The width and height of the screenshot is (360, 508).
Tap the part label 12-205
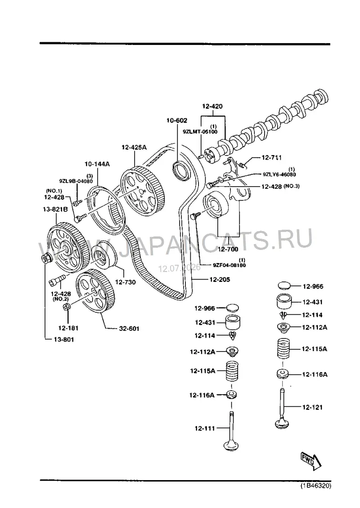pos(220,279)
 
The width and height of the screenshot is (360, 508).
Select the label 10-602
pos(177,120)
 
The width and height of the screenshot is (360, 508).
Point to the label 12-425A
pos(134,147)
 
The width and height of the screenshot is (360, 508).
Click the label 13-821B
pos(55,209)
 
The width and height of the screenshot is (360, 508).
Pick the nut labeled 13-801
pos(45,259)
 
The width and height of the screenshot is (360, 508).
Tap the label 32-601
pos(129,329)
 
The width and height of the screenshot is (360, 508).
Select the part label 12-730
pos(126,282)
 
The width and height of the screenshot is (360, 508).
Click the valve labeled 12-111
pos(231,431)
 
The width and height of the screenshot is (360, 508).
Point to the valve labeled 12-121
pos(282,409)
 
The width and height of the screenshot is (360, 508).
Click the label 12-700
pos(228,249)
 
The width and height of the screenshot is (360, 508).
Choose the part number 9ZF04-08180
pos(229,265)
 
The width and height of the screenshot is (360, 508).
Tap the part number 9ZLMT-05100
pos(200,132)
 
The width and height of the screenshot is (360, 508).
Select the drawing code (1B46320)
pos(315,486)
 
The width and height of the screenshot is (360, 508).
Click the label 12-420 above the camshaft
pos(212,106)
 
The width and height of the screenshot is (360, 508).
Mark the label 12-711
pos(271,157)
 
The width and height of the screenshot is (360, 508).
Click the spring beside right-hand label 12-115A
pos(283,348)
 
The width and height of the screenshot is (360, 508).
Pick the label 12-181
pos(68,328)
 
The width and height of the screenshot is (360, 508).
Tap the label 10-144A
pos(97,164)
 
